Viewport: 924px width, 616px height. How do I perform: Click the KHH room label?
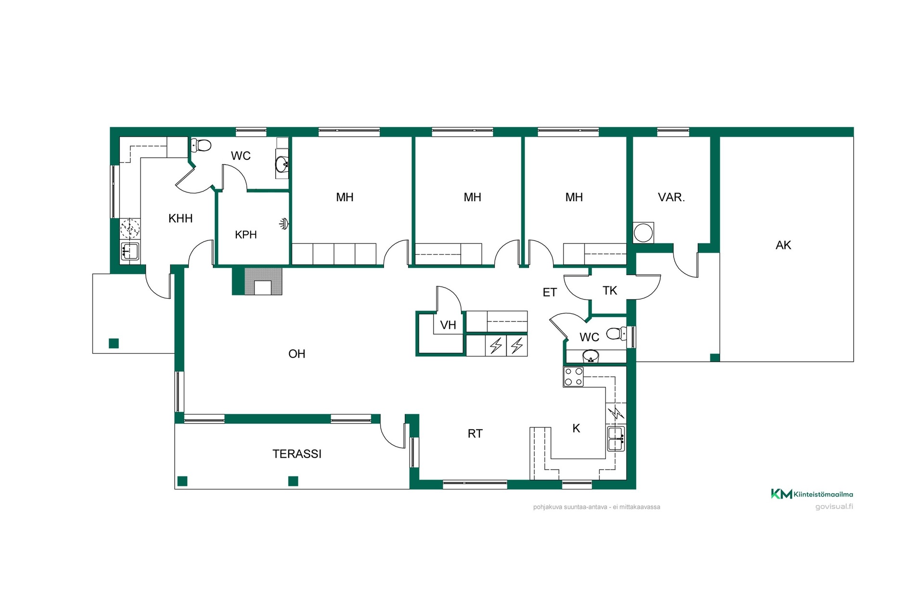180,218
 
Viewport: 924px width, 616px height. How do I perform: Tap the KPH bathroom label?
246,235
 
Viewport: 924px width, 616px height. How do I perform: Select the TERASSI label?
297,454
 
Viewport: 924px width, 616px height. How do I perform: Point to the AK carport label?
783,245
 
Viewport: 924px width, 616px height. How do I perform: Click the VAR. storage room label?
671,197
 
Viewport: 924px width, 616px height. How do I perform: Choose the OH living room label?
297,354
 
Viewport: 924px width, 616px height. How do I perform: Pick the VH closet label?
448,325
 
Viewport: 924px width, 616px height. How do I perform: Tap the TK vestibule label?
610,291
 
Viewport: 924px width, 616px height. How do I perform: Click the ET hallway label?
550,293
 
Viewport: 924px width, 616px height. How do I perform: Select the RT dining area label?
475,434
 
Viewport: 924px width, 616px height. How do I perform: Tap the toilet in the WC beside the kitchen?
616,333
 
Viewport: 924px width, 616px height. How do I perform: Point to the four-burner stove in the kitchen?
573,377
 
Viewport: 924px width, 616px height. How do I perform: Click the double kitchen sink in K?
616,438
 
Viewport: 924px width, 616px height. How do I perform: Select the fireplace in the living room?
263,281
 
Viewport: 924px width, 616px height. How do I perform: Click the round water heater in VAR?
643,233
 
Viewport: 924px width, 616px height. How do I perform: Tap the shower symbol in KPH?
284,223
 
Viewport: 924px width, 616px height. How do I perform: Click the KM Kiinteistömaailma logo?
812,494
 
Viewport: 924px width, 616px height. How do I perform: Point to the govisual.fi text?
834,507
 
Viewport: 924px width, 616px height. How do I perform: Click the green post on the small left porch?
114,344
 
